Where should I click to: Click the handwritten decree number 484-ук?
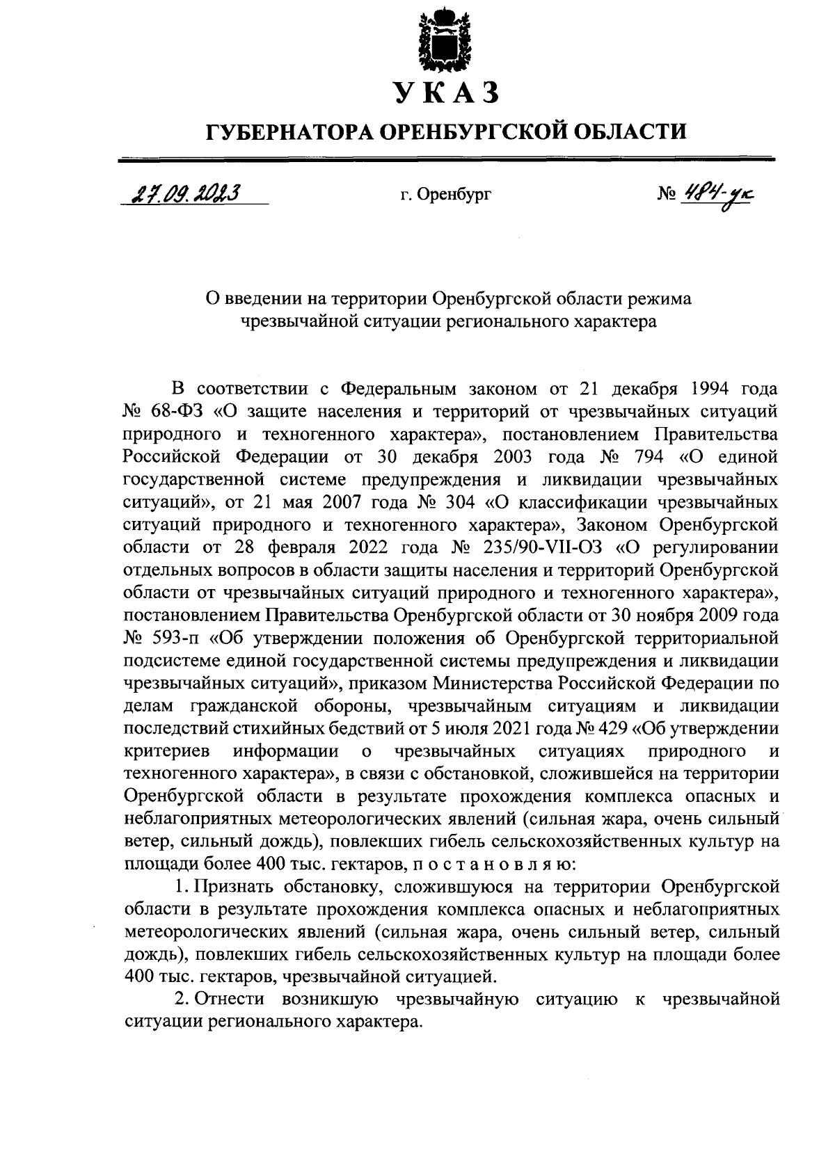click(719, 193)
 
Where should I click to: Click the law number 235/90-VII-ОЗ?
click(536, 547)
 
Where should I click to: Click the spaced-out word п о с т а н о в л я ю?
click(489, 865)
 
